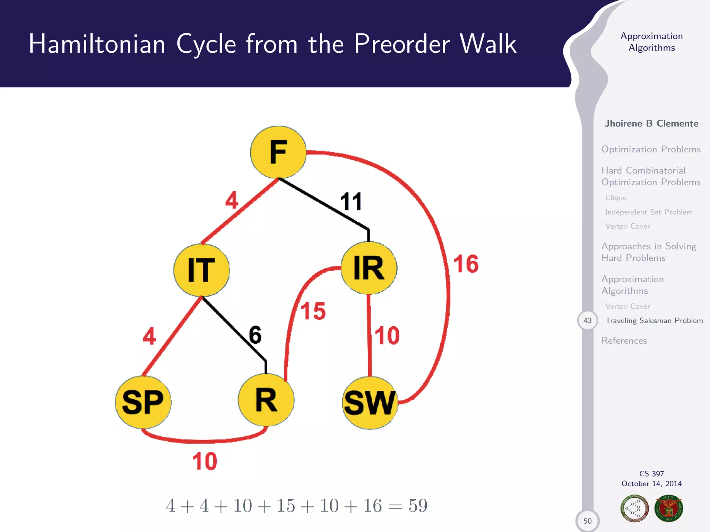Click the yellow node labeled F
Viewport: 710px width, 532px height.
pos(278,152)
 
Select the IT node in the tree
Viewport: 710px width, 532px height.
pos(201,270)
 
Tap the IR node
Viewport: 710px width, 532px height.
pos(369,268)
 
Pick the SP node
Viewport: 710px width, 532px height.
pos(143,402)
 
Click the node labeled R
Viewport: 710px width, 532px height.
pos(266,400)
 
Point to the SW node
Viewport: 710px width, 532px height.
pos(370,403)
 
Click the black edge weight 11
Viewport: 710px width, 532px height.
pos(351,202)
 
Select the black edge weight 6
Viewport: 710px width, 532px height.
pos(255,335)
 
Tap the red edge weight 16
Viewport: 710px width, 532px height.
pos(466,264)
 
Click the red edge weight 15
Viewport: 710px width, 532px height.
pos(313,311)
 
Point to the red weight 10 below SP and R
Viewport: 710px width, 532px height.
pos(205,461)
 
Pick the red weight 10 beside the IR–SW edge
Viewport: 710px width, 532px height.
pos(387,335)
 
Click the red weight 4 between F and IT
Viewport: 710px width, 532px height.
pos(232,200)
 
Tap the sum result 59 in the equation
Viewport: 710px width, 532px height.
pos(418,506)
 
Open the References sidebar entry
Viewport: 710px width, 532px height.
pos(624,340)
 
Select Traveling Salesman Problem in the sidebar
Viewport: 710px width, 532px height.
pos(654,320)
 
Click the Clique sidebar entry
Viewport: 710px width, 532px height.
pos(616,197)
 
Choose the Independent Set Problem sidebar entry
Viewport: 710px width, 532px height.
pos(649,212)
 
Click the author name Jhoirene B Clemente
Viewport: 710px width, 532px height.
pos(651,123)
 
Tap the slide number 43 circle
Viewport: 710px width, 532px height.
pos(587,320)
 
